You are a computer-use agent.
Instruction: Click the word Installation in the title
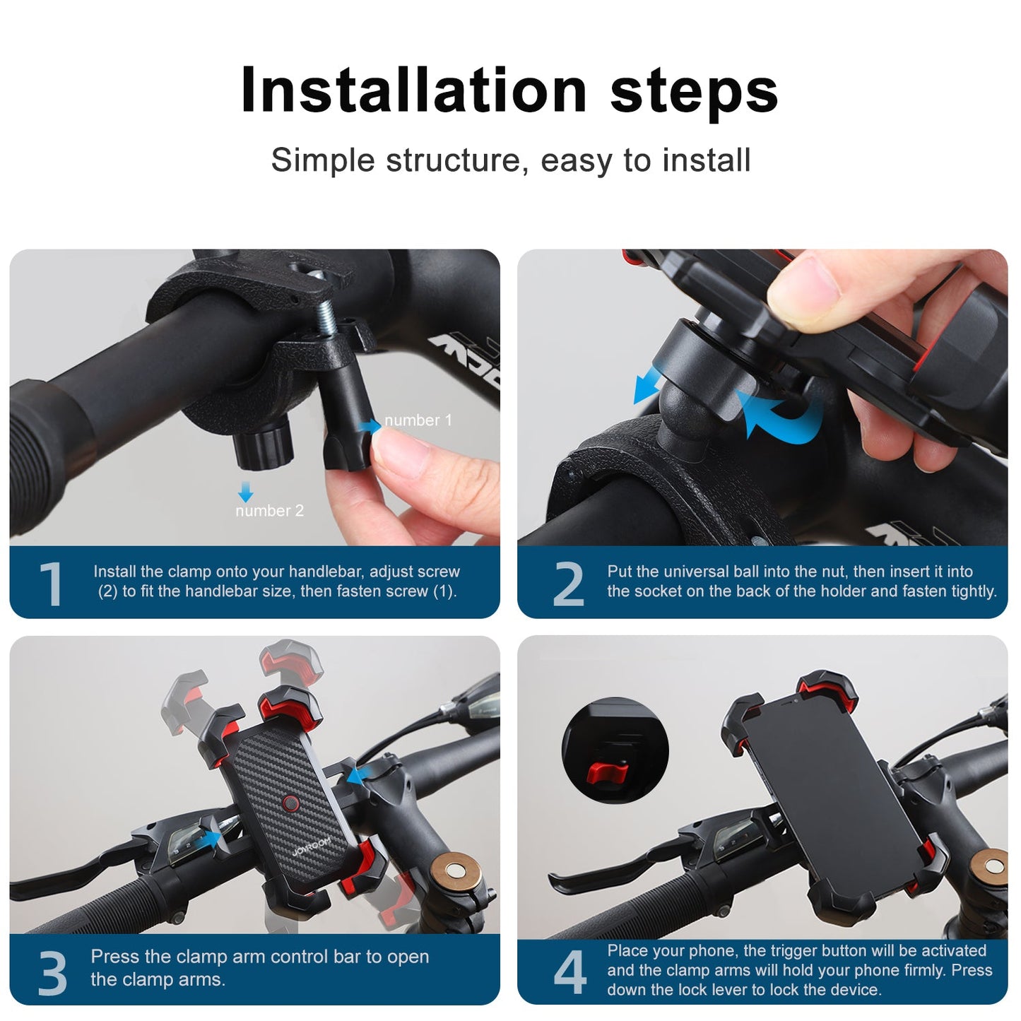[413, 90]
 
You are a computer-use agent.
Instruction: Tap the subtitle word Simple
[323, 160]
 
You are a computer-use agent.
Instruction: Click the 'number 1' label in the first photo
[418, 420]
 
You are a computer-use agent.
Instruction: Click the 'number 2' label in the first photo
[269, 511]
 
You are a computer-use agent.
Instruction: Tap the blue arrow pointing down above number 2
[245, 492]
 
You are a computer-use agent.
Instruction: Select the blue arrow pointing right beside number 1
[369, 425]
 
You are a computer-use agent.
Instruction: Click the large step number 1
[51, 584]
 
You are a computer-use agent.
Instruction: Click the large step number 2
[569, 584]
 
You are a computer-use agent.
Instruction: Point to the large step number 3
[52, 974]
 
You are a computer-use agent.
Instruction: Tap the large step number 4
[569, 973]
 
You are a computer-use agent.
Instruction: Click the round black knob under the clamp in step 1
[263, 444]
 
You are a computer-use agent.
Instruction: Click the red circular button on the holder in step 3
[290, 803]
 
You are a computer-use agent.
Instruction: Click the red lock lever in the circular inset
[606, 774]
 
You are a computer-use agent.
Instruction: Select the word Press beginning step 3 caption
[115, 957]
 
